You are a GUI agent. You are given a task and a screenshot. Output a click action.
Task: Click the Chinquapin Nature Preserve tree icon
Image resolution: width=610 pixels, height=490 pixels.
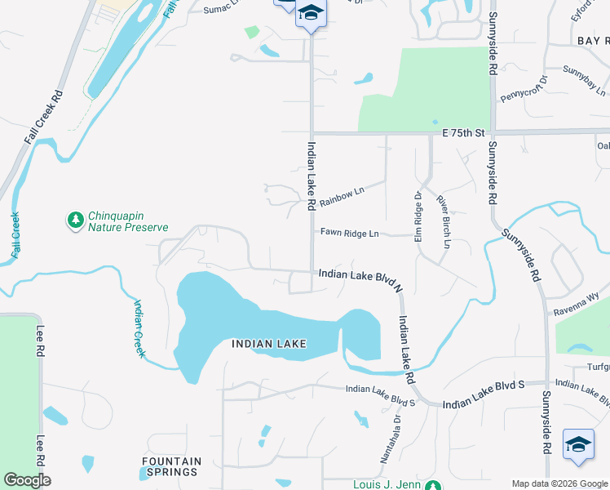tap(76, 220)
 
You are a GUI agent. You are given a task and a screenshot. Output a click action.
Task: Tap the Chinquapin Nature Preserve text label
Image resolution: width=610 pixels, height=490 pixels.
tap(128, 221)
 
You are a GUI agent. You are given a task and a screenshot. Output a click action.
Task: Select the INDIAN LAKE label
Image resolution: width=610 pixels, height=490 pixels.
tap(268, 344)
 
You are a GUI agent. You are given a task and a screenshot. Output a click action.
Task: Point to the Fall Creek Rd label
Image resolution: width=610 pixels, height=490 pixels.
tap(43, 117)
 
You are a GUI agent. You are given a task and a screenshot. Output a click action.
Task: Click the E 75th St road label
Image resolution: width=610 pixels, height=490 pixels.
tap(463, 132)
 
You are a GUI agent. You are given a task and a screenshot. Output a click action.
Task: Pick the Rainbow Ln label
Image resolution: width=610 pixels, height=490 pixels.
tap(341, 195)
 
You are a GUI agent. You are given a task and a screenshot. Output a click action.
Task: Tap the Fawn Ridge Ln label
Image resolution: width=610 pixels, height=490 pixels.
tap(349, 234)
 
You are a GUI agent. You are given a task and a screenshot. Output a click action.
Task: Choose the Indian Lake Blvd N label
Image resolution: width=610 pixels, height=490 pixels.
tap(360, 278)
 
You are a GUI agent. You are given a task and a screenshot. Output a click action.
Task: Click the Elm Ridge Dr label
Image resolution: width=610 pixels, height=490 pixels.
tap(417, 216)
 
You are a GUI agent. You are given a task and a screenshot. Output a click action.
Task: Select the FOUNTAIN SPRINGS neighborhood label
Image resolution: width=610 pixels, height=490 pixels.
tap(170, 466)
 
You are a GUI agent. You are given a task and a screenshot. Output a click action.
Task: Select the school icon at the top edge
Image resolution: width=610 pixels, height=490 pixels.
tap(310, 13)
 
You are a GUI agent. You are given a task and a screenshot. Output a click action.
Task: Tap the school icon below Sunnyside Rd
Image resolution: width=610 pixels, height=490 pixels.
tap(578, 444)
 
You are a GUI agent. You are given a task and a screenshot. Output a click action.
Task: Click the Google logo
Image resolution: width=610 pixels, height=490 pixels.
tap(27, 479)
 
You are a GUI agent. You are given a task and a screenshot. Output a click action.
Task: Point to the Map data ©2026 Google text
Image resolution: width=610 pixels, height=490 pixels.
tap(559, 483)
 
